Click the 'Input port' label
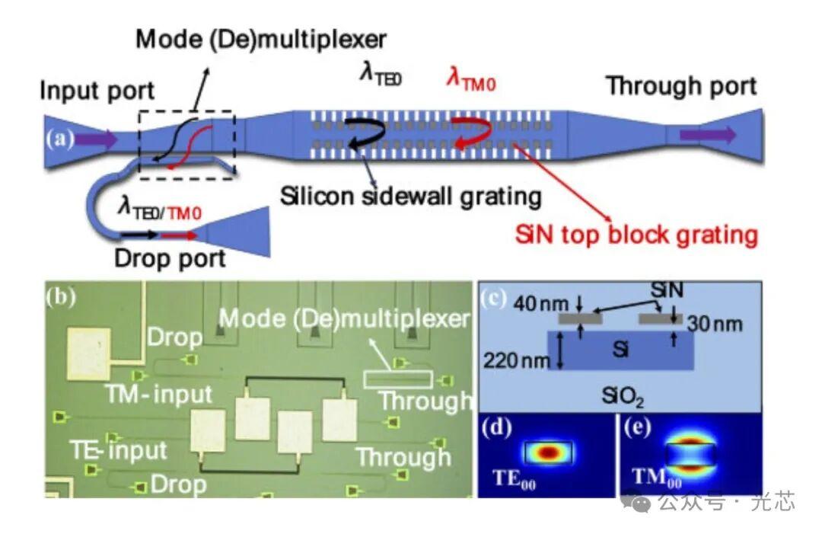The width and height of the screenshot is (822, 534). tap(97, 91)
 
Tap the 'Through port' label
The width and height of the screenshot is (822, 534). tap(681, 86)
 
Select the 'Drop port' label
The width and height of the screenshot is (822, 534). tap(170, 258)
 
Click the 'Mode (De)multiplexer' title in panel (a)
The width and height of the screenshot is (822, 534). tap(261, 40)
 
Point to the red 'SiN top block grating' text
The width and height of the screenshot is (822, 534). tap(636, 235)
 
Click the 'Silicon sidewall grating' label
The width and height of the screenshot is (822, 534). tap(410, 197)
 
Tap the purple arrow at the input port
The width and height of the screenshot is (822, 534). tap(97, 139)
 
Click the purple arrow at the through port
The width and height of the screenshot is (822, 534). tap(709, 136)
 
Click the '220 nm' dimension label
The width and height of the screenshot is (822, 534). tap(516, 361)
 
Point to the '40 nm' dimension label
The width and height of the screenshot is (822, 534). tap(540, 304)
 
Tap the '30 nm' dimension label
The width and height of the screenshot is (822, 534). tap(715, 325)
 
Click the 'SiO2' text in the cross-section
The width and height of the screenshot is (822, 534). tap(623, 397)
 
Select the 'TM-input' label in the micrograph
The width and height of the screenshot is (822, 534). tap(158, 394)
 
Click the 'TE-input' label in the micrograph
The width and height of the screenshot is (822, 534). tap(119, 451)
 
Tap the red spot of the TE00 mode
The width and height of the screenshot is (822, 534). tap(548, 452)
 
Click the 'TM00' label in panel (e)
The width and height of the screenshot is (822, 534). tap(657, 478)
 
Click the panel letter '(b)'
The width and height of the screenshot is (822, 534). tap(60, 296)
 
